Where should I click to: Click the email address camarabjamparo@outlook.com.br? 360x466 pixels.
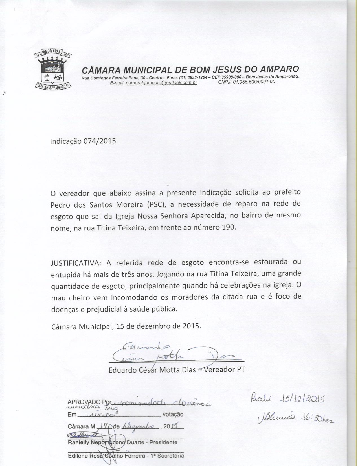click(x=161, y=82)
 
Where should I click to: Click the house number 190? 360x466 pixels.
click(x=229, y=227)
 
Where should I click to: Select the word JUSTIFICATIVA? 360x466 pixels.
click(x=75, y=263)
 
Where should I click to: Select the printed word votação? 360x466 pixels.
click(x=173, y=415)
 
